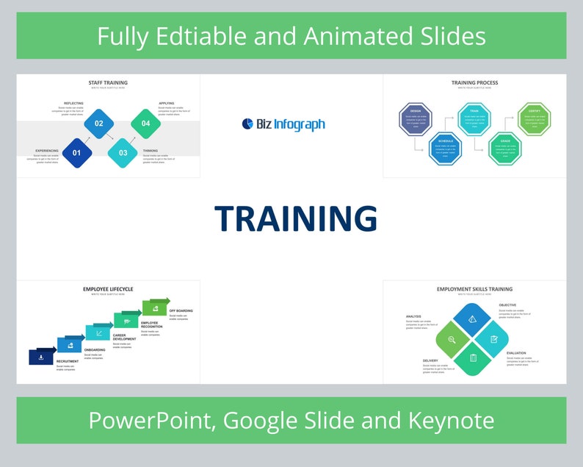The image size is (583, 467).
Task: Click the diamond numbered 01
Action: (76, 153)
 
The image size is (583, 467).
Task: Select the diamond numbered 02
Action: (98, 124)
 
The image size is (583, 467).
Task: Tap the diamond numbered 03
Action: (123, 153)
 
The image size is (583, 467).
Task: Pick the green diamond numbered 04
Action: (145, 124)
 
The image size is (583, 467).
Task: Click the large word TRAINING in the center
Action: (296, 219)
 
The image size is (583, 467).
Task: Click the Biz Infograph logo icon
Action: (247, 124)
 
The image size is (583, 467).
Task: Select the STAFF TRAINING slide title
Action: (108, 82)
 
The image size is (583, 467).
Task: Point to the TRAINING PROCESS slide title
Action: (474, 82)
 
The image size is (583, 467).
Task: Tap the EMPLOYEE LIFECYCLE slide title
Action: (108, 289)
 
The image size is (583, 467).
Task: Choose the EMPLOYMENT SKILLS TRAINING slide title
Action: (474, 289)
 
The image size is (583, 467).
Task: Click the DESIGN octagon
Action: (416, 119)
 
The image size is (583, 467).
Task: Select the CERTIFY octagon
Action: (534, 119)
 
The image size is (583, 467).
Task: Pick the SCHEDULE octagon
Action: (445, 147)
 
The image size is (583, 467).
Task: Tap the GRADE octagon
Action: (505, 147)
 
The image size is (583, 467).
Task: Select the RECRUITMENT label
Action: (68, 362)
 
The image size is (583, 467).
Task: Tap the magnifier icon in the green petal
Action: (452, 340)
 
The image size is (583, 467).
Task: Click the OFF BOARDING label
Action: (181, 310)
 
